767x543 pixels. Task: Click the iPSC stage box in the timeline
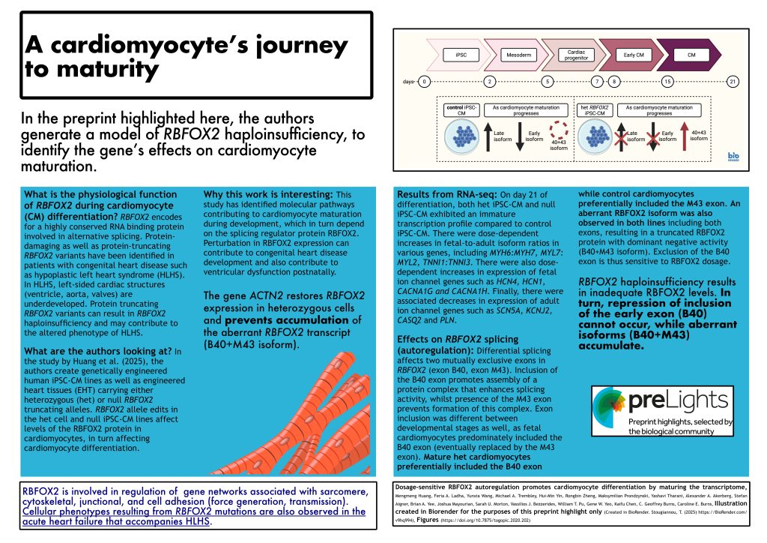[461, 55]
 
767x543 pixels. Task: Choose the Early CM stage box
[634, 55]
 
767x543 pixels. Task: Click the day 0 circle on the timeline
[425, 81]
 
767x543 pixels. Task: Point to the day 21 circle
[734, 81]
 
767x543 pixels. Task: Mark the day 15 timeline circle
[667, 81]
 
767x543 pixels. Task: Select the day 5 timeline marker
[548, 81]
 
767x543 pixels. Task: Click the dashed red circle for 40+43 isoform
[557, 129]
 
